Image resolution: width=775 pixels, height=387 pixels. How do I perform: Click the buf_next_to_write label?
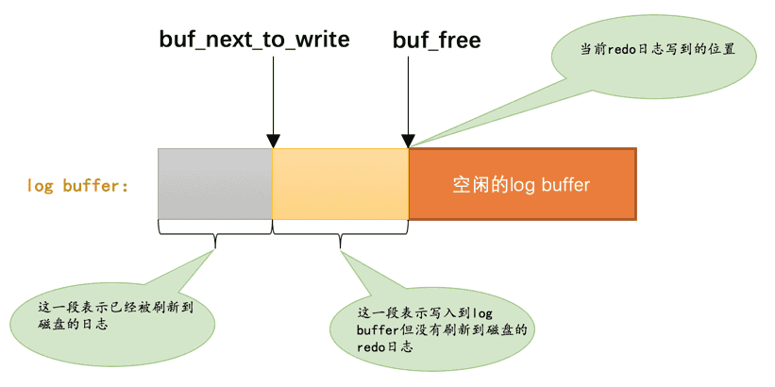coord(254,40)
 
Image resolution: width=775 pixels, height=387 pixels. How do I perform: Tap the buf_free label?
coord(437,40)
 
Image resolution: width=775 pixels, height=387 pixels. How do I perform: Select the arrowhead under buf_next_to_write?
coord(273,142)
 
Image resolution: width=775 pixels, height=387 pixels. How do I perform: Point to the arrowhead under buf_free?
coord(408,142)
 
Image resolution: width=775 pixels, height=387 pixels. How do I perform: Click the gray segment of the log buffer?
coord(215,183)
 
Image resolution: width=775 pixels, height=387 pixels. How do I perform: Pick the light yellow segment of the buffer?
coord(341,183)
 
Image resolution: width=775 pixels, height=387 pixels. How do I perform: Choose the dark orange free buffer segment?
coord(522,183)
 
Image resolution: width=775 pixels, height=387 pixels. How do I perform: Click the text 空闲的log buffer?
coord(521,185)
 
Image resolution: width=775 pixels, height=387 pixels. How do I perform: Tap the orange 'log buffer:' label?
coord(78,186)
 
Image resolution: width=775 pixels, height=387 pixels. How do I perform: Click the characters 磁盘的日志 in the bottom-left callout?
coord(72,326)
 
